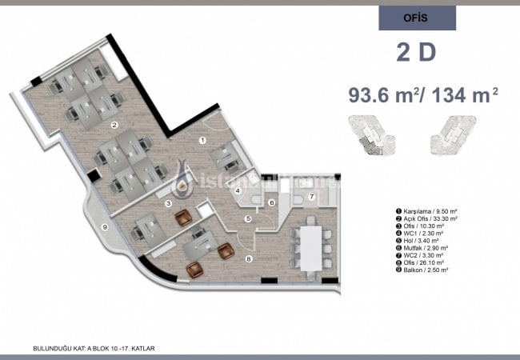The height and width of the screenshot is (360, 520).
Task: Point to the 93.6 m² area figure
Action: tap(384, 95)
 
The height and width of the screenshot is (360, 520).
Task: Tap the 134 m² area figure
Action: tap(465, 95)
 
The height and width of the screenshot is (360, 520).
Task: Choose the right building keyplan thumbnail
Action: tap(454, 135)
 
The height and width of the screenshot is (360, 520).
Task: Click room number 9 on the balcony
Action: tap(104, 226)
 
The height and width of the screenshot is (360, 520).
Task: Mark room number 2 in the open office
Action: tap(114, 125)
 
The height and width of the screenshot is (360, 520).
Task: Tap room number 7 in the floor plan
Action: tap(312, 196)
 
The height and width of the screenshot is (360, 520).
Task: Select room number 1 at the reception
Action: tap(202, 140)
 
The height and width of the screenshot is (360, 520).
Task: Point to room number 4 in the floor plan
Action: tap(238, 191)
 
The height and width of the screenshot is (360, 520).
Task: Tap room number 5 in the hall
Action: tap(249, 218)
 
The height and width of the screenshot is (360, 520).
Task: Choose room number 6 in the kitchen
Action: tap(272, 202)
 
